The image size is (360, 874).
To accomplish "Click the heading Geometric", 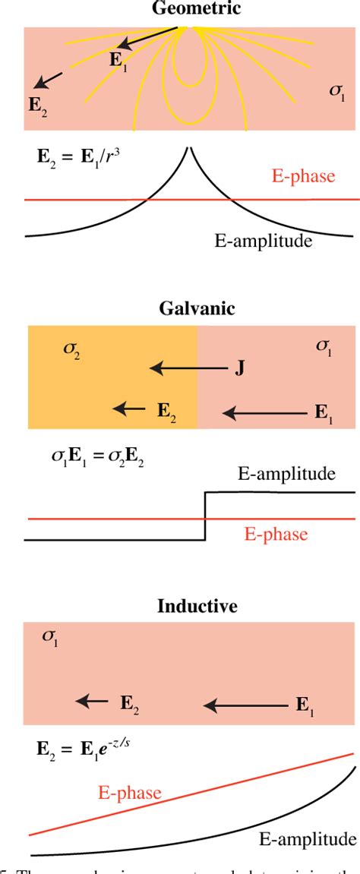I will pos(188,8).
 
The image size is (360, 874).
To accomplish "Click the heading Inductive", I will pos(188,606).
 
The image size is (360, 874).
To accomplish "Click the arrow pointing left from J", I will pos(188,369).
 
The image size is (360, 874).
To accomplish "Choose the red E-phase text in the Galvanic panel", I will pos(276,534).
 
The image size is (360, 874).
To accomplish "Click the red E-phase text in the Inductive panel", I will pos(128,794).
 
